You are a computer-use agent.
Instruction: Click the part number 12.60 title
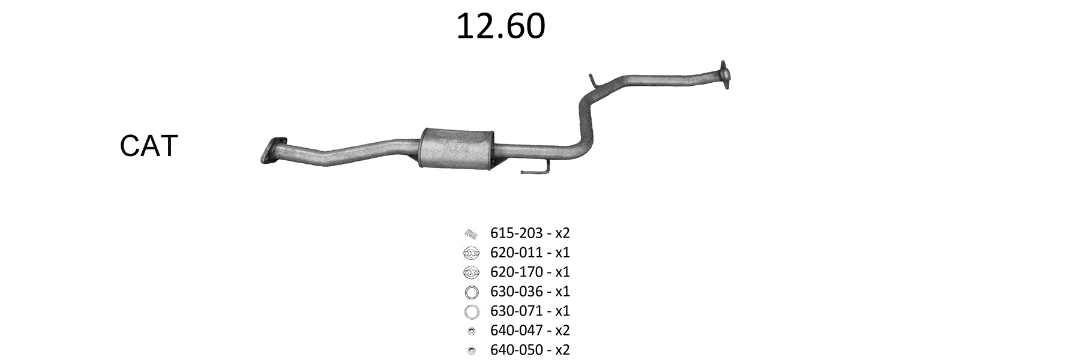coord(500,26)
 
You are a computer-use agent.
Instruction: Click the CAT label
coord(149,146)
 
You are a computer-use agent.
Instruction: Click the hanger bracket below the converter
coord(535,170)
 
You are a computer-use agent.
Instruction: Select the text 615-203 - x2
coord(530,233)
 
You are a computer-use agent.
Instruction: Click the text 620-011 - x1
coord(530,253)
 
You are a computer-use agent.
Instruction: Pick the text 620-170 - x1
coord(530,272)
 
